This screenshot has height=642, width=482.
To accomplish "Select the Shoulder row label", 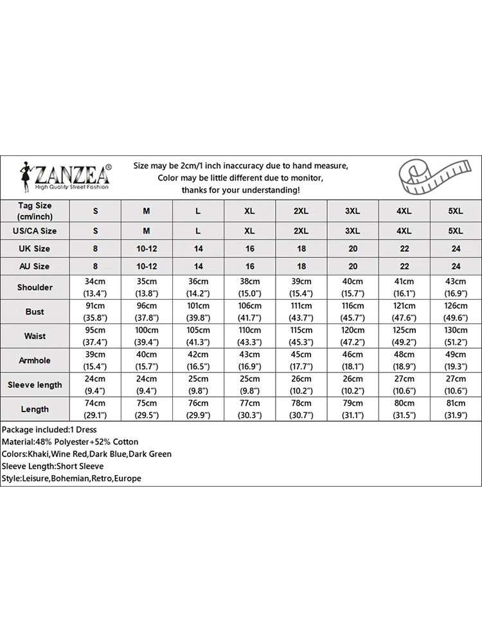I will [x=35, y=288].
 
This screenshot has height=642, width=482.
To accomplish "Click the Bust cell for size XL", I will [x=250, y=312].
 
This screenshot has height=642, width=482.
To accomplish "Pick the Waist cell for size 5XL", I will [x=456, y=336].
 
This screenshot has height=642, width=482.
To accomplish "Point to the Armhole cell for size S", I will [x=96, y=361].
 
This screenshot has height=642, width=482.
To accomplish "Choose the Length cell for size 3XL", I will [x=353, y=409].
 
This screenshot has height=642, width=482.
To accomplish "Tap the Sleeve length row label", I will [x=35, y=385].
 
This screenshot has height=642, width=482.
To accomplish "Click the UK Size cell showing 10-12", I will [x=147, y=248].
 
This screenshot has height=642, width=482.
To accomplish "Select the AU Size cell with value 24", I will [x=456, y=266].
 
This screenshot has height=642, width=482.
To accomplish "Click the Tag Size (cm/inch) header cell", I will [x=35, y=211].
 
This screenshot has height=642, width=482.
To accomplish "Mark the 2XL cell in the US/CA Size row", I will [x=301, y=230].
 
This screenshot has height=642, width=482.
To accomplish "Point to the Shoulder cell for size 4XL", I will [x=404, y=288].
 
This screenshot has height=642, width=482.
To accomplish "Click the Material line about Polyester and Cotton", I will [x=70, y=442].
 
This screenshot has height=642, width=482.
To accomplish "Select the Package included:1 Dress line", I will [x=49, y=429].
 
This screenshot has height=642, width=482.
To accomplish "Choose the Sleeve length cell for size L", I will [x=198, y=385].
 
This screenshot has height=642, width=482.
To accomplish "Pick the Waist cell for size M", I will [x=147, y=336].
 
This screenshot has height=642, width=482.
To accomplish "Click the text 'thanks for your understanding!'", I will [x=240, y=190].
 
